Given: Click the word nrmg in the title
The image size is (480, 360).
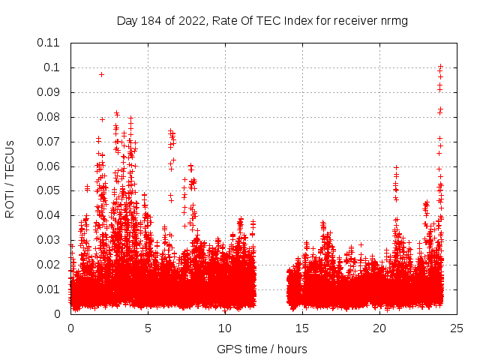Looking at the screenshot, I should click(x=393, y=20).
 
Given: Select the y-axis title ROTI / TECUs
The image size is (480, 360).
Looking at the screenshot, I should click(x=10, y=178).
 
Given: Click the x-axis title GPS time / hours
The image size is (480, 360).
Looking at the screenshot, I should click(x=262, y=349).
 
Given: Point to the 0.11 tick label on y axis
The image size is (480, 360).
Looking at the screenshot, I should click(x=49, y=43).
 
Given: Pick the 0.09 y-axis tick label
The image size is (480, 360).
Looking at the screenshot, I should click(x=49, y=92).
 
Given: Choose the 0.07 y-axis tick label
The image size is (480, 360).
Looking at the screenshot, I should click(x=49, y=141).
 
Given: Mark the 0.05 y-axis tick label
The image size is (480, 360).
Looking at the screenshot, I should click(x=49, y=190).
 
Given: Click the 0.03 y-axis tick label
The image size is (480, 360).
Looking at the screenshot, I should click(x=49, y=240).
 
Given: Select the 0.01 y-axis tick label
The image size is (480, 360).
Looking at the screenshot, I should click(x=49, y=289).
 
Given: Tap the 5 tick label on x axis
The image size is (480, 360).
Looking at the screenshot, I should click(x=148, y=328).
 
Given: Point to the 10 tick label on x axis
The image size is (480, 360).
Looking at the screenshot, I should click(x=226, y=328).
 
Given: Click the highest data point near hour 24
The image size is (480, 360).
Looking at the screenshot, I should click(x=441, y=66).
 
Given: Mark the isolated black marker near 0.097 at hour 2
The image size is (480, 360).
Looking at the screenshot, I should click(x=101, y=74).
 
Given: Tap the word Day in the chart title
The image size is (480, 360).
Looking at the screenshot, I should click(x=127, y=20).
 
